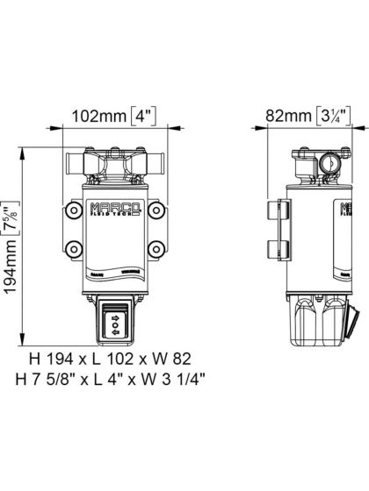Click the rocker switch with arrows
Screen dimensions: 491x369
coord(115,321)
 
